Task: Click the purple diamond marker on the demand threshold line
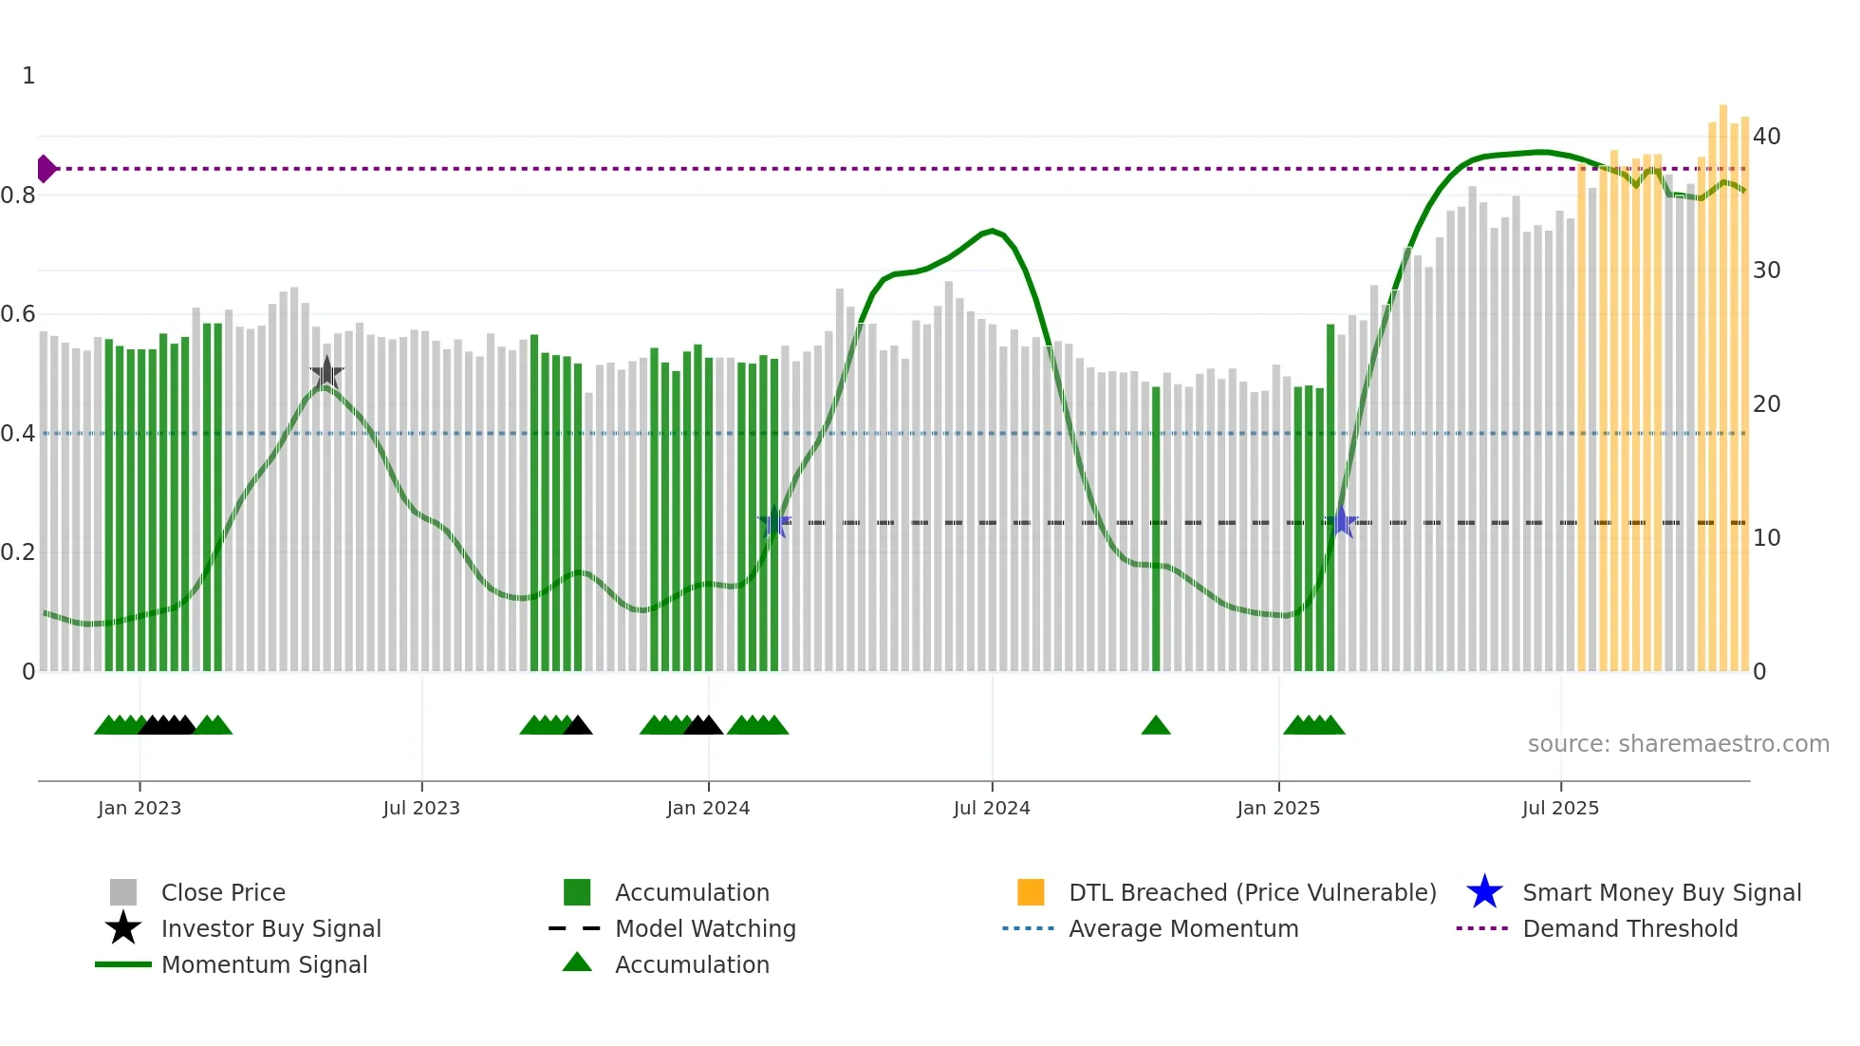46,169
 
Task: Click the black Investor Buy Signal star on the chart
326,373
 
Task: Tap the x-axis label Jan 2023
139,809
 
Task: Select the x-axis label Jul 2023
421,809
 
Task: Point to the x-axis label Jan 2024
708,809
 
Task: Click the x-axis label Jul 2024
992,809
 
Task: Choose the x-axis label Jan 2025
1278,809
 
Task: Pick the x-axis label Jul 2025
1560,809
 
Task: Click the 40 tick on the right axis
1766,137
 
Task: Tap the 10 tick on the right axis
1766,538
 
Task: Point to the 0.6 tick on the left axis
18,314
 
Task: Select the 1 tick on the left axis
28,76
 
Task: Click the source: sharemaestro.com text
1678,744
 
